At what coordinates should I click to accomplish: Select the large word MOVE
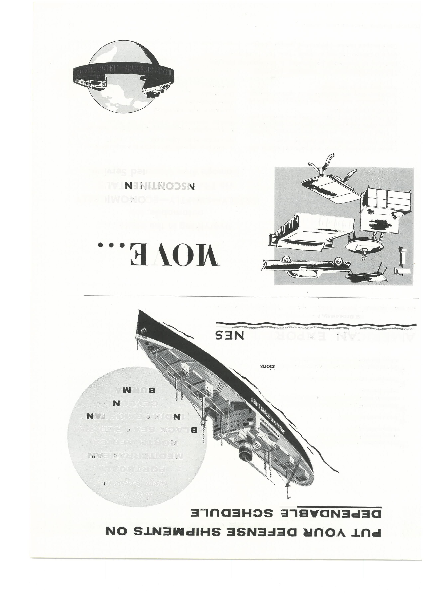174,257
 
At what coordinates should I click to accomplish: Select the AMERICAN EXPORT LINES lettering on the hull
269,420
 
